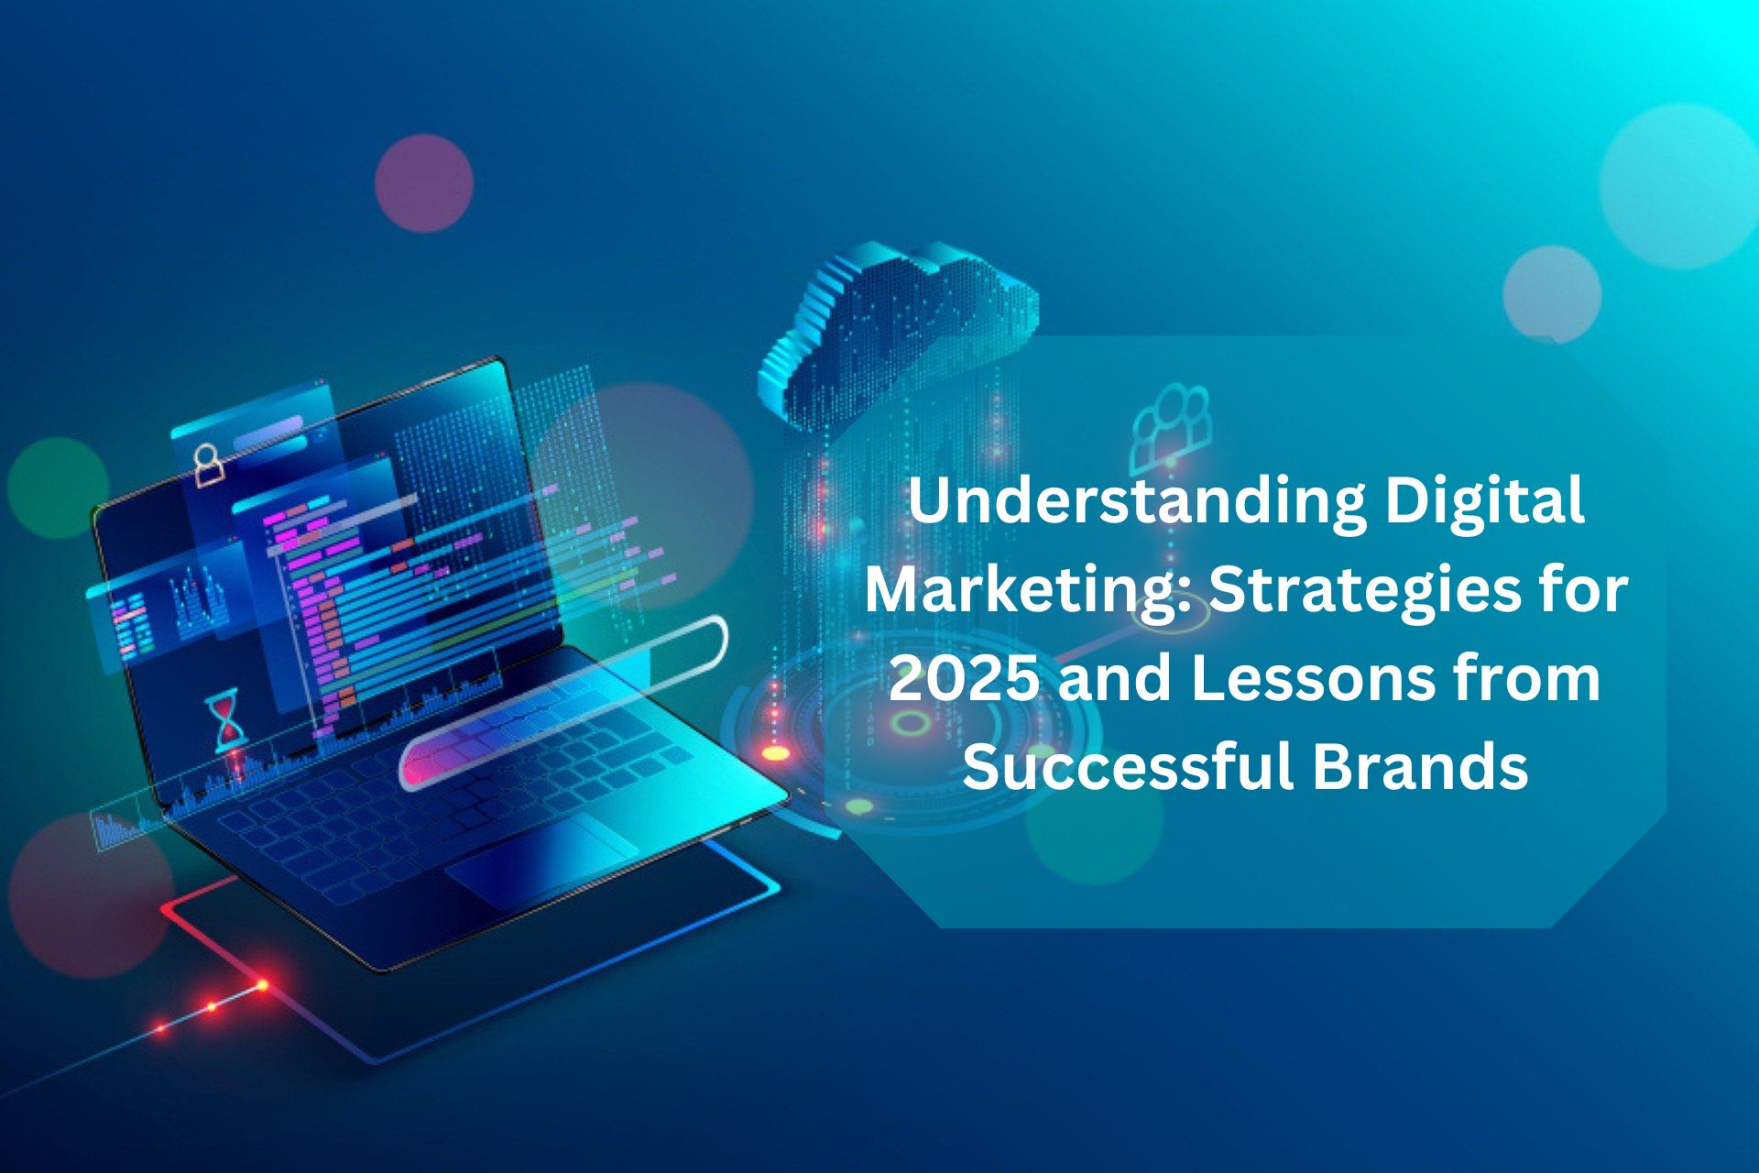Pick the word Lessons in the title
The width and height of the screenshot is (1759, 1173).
point(1312,679)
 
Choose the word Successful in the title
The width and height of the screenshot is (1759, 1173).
point(1127,766)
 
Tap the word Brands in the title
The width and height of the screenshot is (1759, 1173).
point(1420,766)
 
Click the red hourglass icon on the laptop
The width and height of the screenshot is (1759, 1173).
point(225,719)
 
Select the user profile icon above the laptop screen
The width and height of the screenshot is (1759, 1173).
point(209,465)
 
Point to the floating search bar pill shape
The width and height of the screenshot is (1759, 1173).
point(563,701)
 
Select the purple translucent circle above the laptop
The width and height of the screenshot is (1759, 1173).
point(424,183)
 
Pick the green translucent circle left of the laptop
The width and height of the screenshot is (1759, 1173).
point(58,488)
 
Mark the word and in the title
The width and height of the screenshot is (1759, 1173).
point(1115,679)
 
